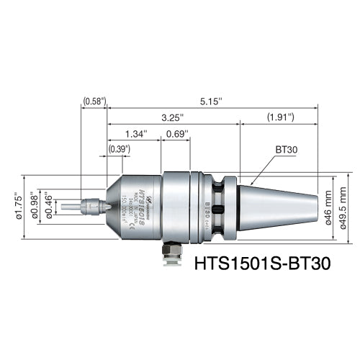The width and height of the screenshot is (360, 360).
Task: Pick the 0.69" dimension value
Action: click(176, 133)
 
